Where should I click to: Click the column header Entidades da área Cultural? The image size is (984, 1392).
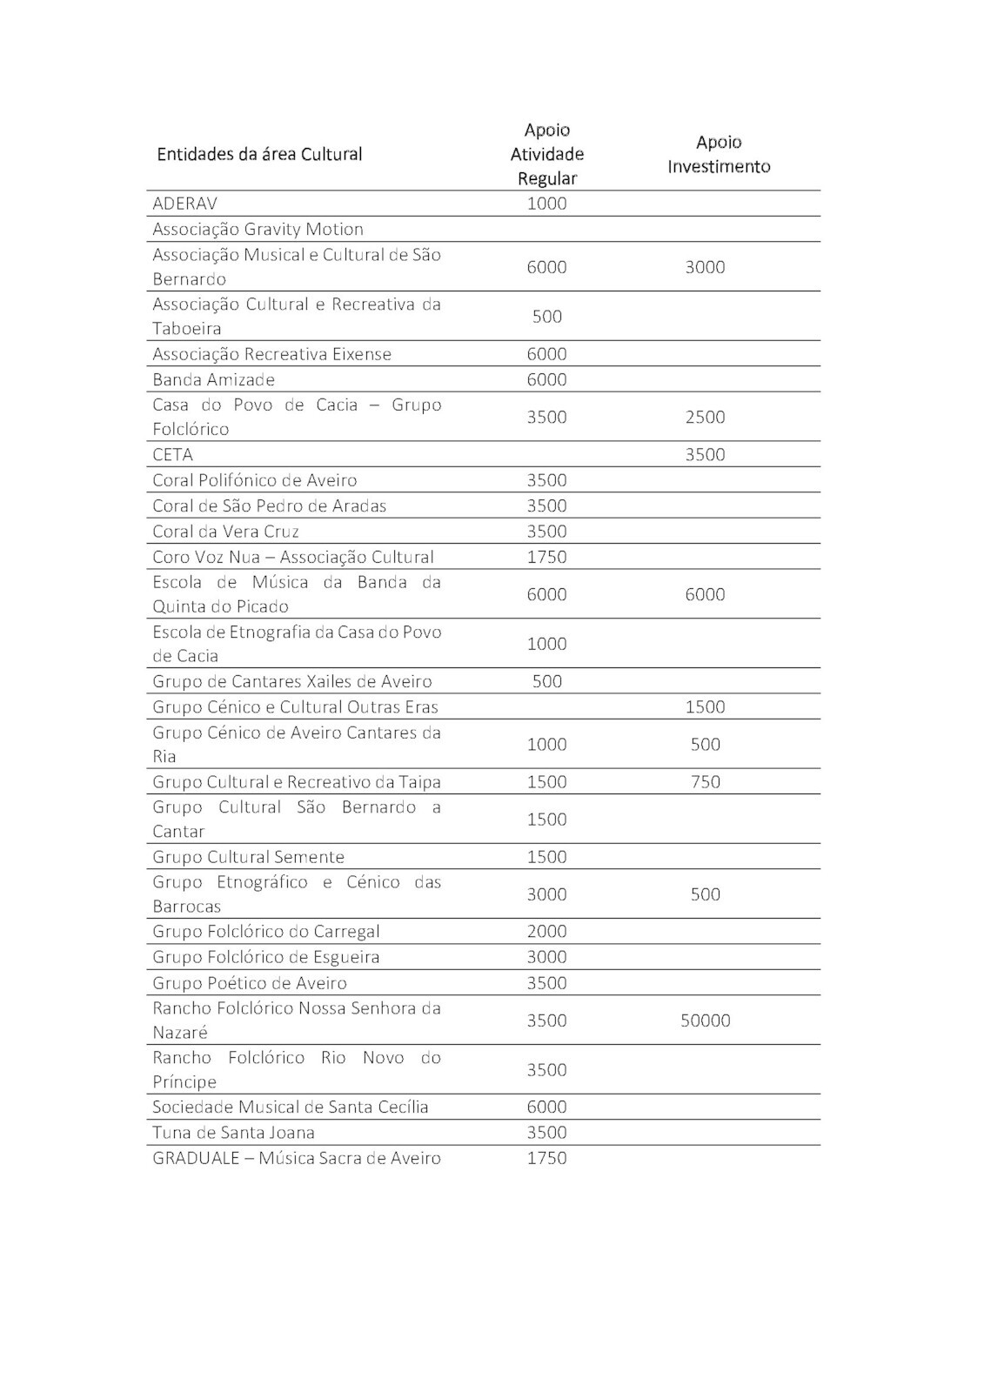coord(259,155)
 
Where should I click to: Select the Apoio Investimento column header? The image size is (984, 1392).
coord(719,155)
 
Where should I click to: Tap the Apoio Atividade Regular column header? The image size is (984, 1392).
coord(546,155)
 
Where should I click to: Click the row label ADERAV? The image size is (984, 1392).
coord(184,204)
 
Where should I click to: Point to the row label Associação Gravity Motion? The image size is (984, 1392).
coord(258,230)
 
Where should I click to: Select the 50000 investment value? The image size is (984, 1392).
coord(705,1021)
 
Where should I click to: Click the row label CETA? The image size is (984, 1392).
coord(172,455)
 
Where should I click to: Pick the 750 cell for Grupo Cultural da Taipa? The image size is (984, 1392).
coord(705,782)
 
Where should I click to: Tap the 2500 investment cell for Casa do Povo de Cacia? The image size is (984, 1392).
coord(705,418)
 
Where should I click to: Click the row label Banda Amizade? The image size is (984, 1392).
coord(213,380)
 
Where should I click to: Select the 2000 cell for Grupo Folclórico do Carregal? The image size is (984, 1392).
coord(546,932)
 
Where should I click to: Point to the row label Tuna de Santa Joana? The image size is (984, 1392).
coord(233,1133)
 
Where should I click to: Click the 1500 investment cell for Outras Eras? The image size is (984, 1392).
coord(705,707)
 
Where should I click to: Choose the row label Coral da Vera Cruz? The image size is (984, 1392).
coord(225,532)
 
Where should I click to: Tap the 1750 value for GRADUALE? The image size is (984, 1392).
coord(546,1159)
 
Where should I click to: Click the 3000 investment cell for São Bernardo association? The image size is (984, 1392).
coord(705,267)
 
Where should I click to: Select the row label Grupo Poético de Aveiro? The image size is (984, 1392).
coord(249,983)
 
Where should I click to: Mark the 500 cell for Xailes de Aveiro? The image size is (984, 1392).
coord(546,681)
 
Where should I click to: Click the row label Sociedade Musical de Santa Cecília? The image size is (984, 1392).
coord(290,1108)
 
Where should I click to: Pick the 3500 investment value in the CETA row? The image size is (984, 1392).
coord(705,455)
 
